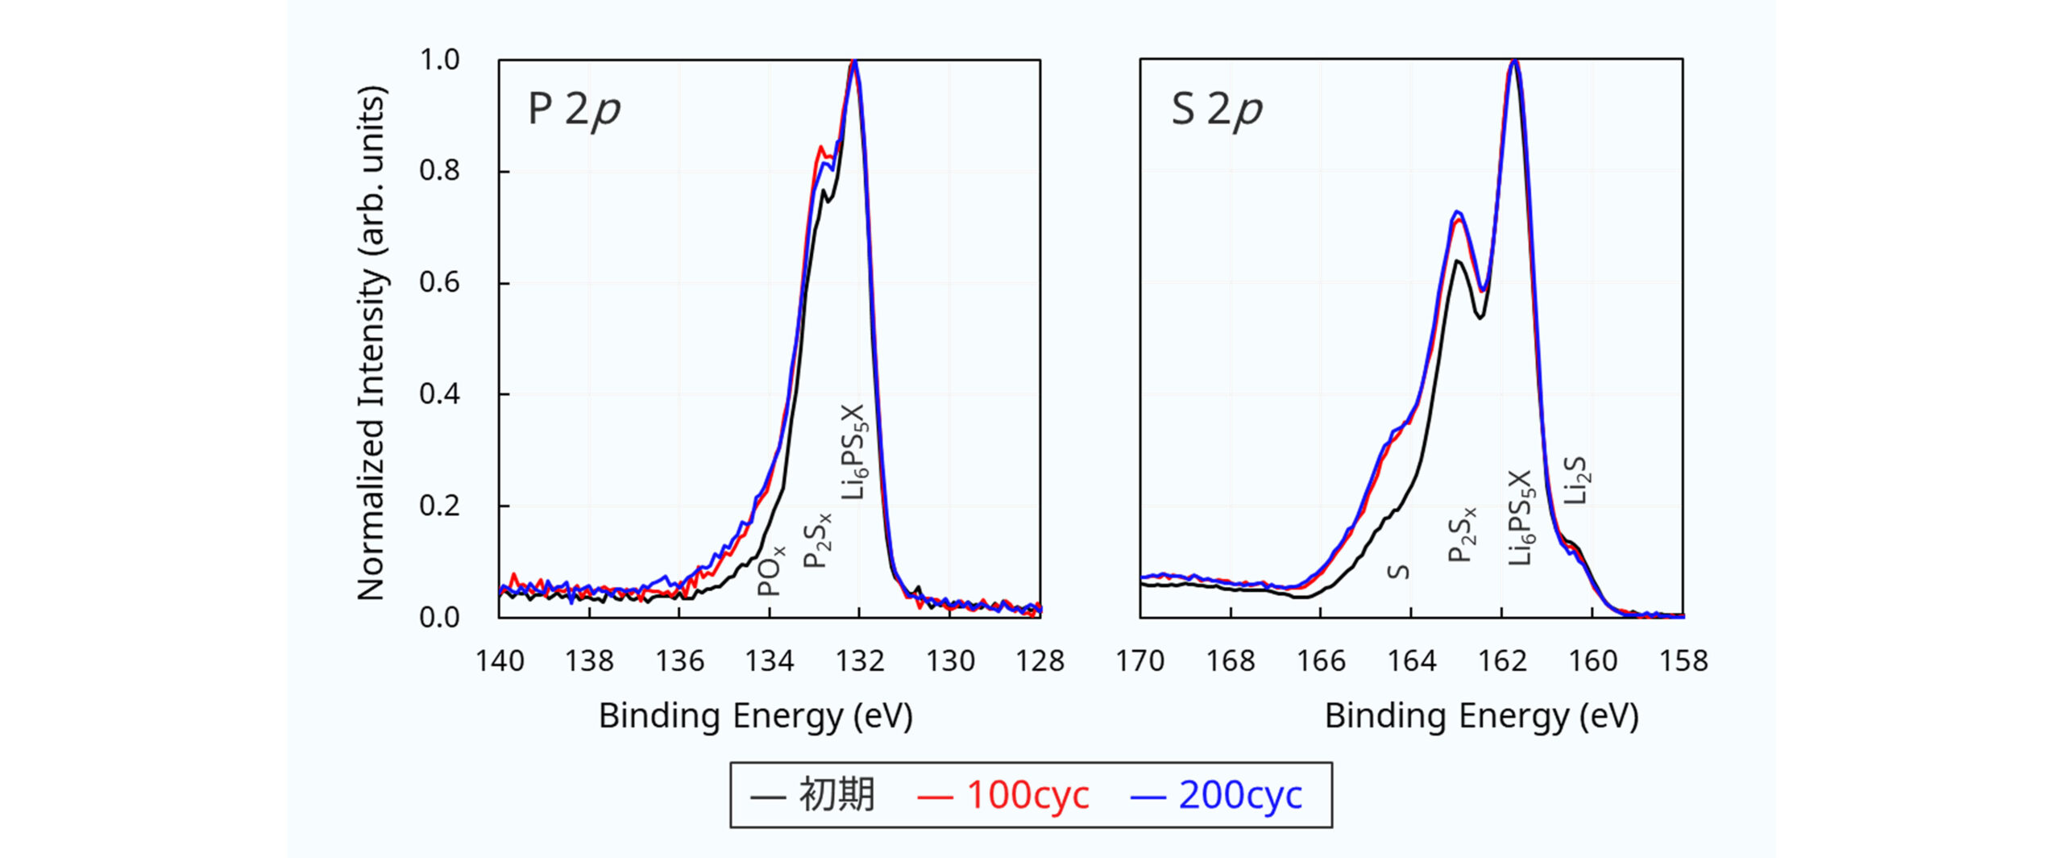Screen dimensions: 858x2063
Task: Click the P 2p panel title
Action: tap(574, 110)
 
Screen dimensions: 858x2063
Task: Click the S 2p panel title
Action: tap(1216, 110)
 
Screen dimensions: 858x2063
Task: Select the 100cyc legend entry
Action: tap(1003, 795)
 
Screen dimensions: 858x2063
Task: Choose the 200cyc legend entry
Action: tap(1216, 795)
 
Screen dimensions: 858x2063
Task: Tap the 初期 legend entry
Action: tap(812, 795)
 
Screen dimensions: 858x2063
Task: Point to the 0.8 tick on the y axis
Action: tap(439, 171)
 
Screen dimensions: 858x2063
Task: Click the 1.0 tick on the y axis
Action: tap(439, 60)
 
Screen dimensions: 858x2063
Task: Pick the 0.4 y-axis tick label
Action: tap(439, 394)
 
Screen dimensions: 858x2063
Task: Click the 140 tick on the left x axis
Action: tap(500, 661)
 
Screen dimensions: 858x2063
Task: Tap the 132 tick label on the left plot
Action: tap(860, 661)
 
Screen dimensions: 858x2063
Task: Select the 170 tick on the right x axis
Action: tap(1139, 661)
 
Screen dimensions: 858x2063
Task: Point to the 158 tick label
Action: tap(1683, 661)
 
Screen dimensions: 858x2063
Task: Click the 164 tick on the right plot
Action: tap(1411, 661)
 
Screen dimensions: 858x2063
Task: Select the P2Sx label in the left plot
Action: tap(817, 540)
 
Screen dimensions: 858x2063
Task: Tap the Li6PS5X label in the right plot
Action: tap(1520, 518)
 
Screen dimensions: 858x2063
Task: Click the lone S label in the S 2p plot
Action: tap(1399, 572)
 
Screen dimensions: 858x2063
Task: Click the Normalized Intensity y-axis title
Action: tap(372, 343)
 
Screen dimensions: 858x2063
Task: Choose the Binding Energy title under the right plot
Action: tap(1481, 716)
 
